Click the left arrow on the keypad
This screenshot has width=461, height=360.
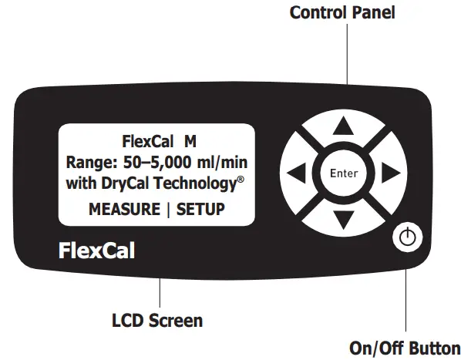296,173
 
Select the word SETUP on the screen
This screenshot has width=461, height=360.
201,209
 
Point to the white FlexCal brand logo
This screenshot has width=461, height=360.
96,251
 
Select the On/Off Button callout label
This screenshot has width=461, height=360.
405,347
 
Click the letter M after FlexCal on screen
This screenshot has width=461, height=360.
190,143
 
